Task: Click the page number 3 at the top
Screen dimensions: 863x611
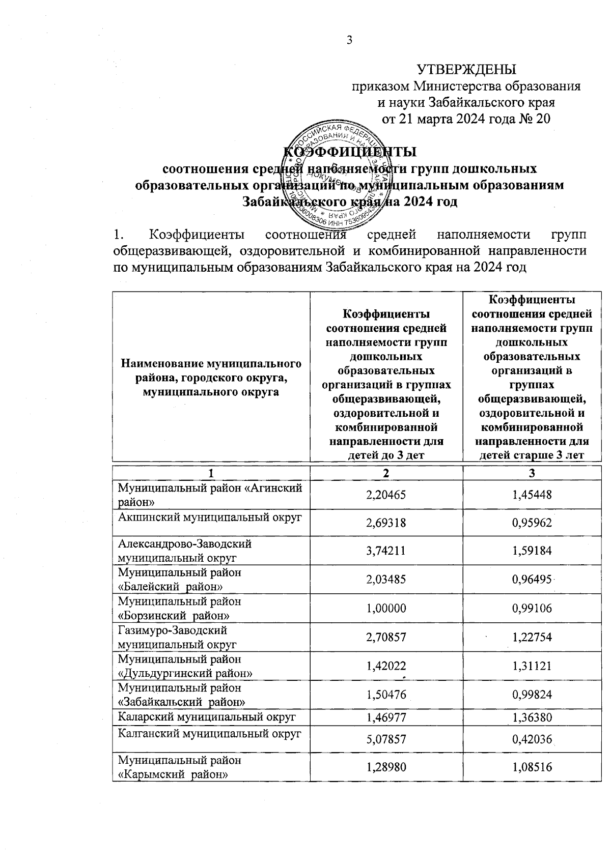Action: point(349,41)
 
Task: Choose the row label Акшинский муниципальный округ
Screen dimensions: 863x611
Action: point(210,517)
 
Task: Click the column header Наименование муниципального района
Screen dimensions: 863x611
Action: point(210,377)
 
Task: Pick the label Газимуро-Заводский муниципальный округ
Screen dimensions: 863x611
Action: point(177,638)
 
